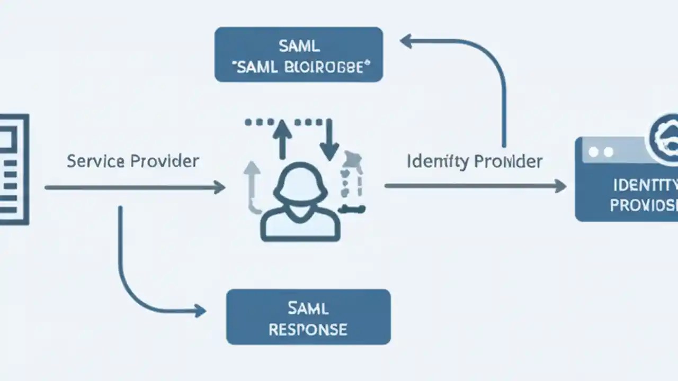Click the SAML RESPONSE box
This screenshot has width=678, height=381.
308,316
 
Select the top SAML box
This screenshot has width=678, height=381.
298,55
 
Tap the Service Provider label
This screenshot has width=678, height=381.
133,161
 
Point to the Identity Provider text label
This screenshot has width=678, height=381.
475,161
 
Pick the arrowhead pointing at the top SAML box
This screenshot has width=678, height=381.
406,41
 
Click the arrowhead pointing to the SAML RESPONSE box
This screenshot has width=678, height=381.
200,311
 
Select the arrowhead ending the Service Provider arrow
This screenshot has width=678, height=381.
219,187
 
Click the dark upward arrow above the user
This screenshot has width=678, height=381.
282,138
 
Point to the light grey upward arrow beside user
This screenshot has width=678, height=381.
252,185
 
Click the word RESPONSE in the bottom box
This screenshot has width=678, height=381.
308,329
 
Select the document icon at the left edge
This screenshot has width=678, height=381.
13,169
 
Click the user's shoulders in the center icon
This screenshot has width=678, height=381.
300,222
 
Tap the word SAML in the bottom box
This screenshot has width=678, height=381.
308,307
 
